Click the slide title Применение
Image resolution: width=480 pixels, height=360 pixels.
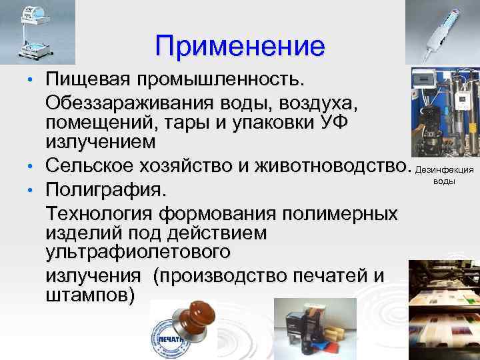[240, 46]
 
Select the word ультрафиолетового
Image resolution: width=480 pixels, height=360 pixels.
[139, 253]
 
